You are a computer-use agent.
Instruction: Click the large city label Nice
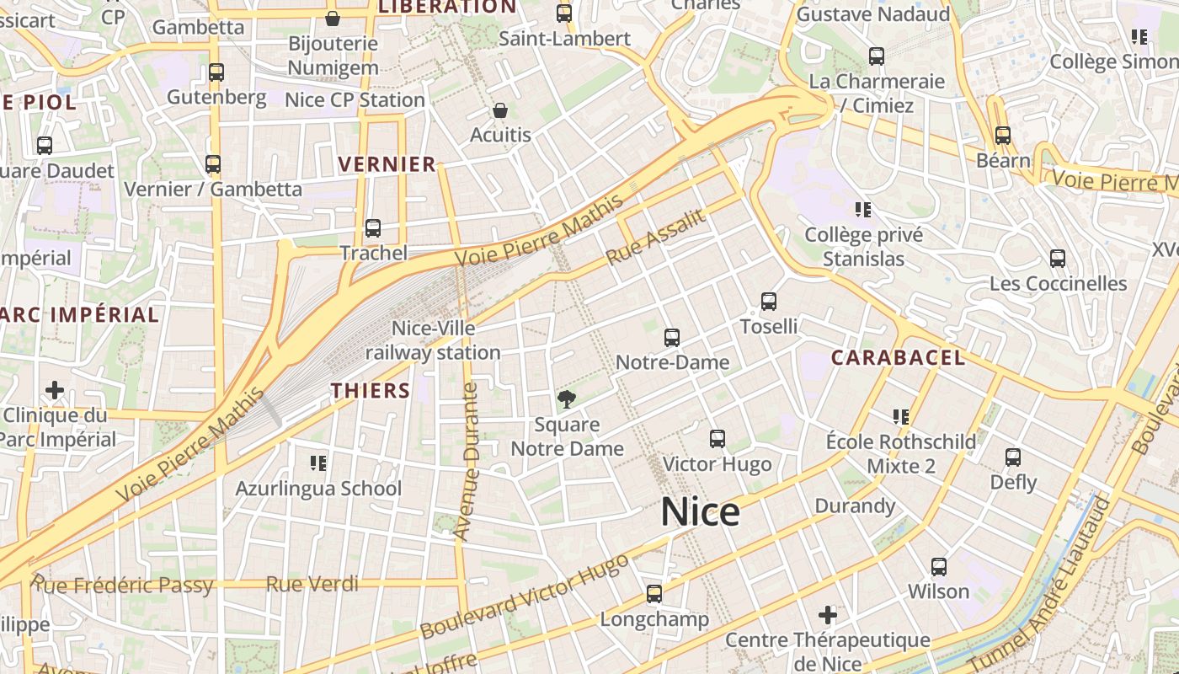click(x=700, y=512)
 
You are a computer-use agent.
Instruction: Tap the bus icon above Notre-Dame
click(x=671, y=338)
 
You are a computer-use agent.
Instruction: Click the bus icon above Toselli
click(x=768, y=302)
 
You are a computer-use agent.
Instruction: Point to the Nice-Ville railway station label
click(x=433, y=340)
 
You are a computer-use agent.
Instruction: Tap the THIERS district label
click(x=371, y=391)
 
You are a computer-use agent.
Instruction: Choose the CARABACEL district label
click(x=898, y=357)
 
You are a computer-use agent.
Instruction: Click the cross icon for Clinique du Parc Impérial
click(x=55, y=390)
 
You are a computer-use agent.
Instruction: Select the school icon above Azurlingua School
click(x=318, y=463)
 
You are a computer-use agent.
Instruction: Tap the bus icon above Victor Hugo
click(x=717, y=439)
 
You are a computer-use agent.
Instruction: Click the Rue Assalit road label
click(x=655, y=237)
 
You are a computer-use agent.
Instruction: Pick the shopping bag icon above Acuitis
click(x=500, y=110)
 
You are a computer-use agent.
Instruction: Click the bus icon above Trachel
click(x=372, y=227)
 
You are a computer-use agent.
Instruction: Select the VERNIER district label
click(x=387, y=164)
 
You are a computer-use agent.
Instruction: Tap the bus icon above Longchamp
click(x=654, y=594)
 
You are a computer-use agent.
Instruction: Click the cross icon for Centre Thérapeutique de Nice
click(x=828, y=615)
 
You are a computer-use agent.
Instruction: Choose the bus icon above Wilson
click(x=938, y=566)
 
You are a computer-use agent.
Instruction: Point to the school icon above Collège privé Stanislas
click(x=862, y=209)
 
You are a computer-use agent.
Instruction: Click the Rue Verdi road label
click(x=312, y=584)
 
